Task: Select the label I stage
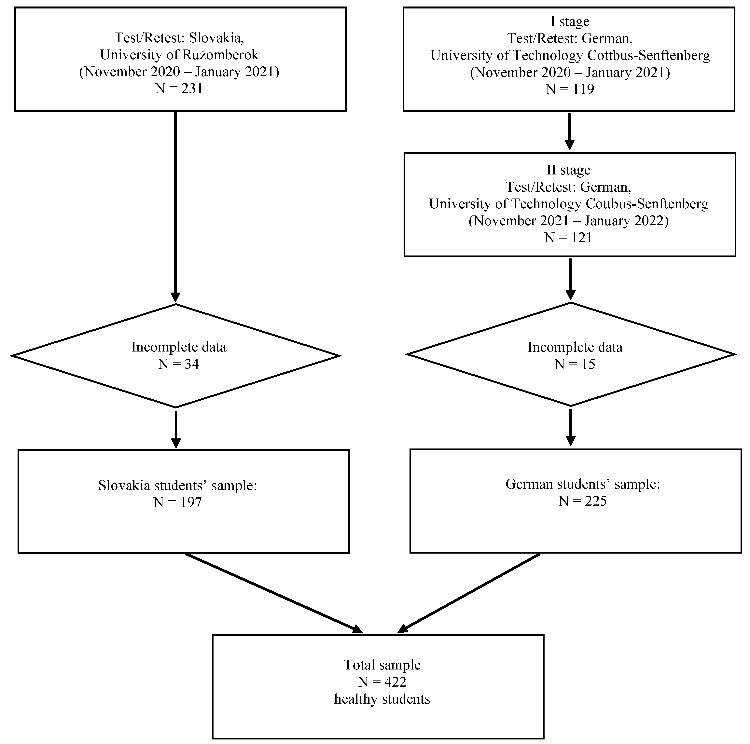pos(569,22)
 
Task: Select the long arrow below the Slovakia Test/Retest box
pos(175,206)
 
